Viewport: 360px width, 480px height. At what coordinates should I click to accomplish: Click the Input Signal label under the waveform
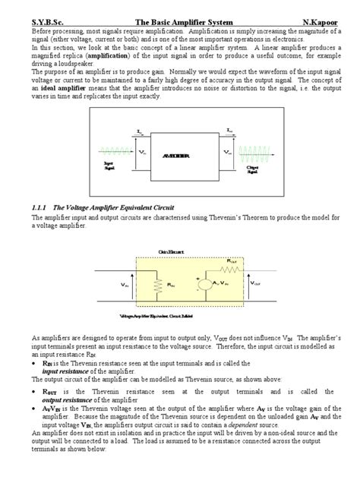click(109, 166)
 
